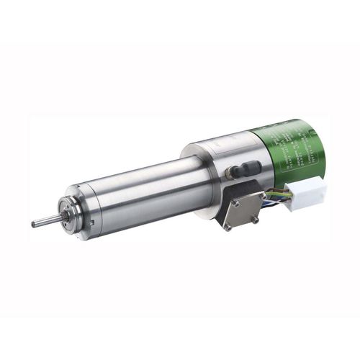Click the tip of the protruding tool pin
tap(34, 225)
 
